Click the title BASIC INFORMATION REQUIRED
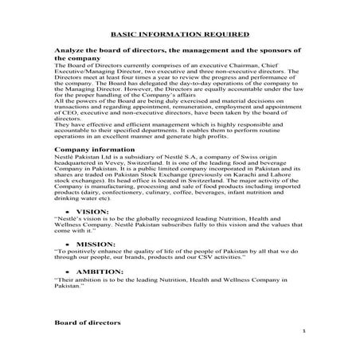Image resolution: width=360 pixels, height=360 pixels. click(179, 36)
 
